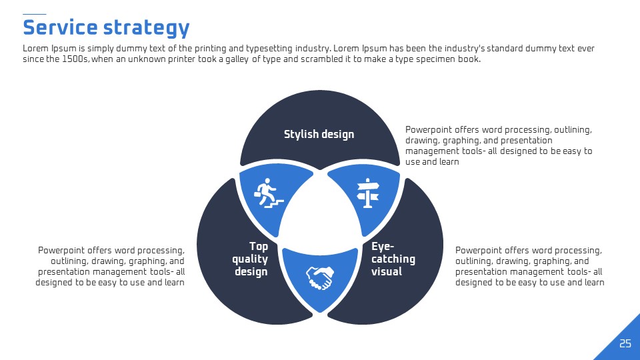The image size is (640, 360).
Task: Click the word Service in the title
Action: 60,28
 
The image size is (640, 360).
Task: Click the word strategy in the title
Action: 147,29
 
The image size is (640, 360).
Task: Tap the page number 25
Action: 625,344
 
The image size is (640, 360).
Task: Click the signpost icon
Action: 368,193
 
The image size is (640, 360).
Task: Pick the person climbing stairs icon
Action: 269,193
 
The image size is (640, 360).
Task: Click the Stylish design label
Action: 319,134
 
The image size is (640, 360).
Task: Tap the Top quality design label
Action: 250,259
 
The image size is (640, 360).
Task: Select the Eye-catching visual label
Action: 393,259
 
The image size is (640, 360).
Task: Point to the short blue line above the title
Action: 34,14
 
